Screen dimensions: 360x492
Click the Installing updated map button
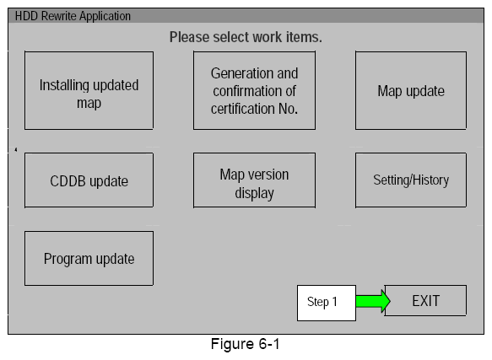pos(89,90)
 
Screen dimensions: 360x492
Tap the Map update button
pos(410,90)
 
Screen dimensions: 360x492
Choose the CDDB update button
pos(89,180)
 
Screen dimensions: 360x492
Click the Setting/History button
pos(410,180)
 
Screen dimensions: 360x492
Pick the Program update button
pos(89,259)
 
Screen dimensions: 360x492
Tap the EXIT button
pos(424,301)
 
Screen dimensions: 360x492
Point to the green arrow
pos(372,301)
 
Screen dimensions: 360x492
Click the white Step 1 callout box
pos(326,303)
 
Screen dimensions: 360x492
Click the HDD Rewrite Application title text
pos(73,16)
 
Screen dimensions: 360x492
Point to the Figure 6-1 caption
pos(244,345)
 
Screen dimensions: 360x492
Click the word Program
pos(68,259)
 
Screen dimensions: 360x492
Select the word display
pos(254,193)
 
